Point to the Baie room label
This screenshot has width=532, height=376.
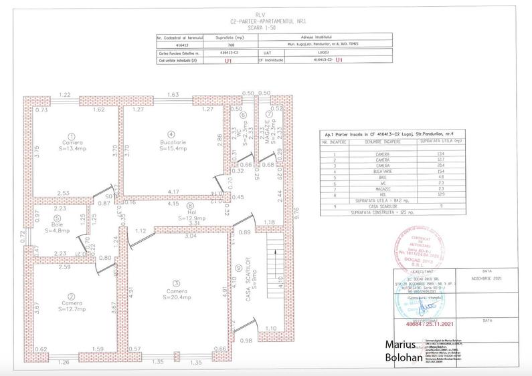click(x=58, y=224)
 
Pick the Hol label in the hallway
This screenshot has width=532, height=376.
click(x=190, y=213)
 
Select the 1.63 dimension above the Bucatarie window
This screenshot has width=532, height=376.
click(x=173, y=96)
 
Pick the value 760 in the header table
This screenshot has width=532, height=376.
click(x=226, y=45)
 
